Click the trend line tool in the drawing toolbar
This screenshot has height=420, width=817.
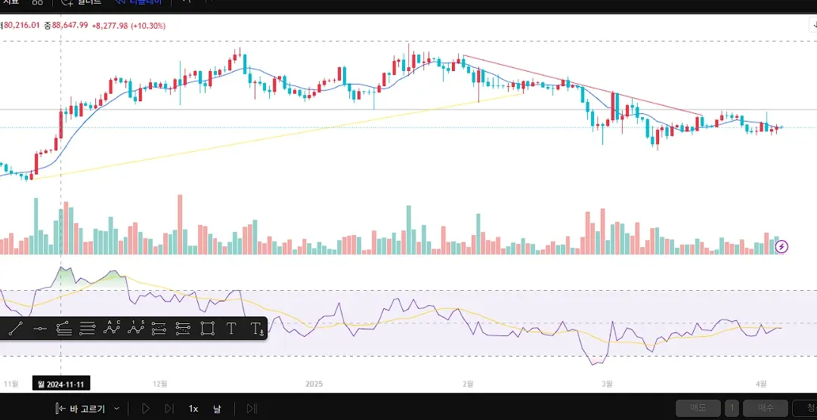15,329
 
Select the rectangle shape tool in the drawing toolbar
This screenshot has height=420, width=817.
208,329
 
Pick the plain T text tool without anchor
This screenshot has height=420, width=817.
231,329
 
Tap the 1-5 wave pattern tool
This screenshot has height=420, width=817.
136,328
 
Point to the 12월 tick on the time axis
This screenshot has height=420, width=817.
160,384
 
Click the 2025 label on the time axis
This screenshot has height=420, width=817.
314,384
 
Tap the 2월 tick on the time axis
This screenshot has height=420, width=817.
468,384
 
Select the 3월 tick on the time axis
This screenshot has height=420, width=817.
607,384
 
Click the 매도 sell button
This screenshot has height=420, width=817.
698,409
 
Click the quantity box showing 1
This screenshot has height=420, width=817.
732,409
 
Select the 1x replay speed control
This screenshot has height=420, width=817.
193,409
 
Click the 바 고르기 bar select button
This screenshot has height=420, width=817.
86,409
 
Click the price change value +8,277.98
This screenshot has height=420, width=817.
109,26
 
